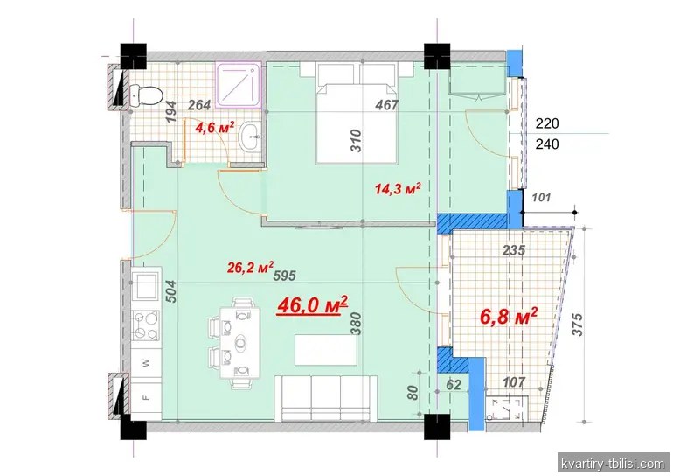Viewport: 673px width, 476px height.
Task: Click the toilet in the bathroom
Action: coord(145,95)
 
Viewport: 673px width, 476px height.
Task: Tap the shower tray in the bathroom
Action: coord(239,85)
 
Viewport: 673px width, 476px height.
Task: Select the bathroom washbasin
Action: coord(250,136)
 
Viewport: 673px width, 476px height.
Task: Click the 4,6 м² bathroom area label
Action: coord(215,127)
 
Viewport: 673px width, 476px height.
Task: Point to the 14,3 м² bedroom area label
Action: coord(398,188)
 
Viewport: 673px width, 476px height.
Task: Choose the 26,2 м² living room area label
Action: coord(250,268)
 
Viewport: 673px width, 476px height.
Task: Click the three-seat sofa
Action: coord(326,398)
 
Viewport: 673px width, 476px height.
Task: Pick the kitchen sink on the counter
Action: coord(146,286)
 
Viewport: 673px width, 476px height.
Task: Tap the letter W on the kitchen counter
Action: coord(147,363)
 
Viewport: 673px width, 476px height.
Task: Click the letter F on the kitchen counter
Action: coord(146,397)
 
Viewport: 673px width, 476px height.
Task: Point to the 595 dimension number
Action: coord(285,275)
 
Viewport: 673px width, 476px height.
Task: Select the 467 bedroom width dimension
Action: coord(386,104)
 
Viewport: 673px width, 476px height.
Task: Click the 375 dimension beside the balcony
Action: coord(578,325)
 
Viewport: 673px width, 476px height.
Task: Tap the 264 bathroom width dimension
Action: coord(199,104)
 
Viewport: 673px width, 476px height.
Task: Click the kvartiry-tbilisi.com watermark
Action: coord(614,464)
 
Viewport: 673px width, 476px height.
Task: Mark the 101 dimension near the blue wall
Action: coord(541,198)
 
